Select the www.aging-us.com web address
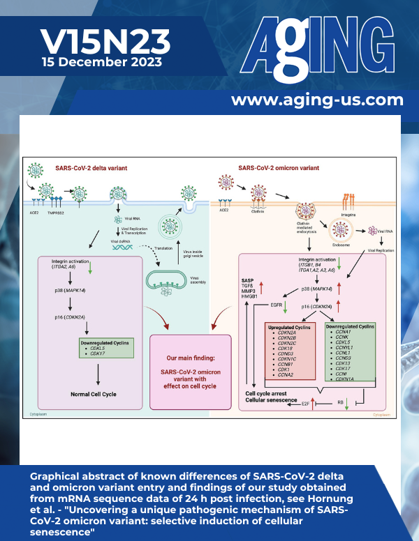pyautogui.click(x=317, y=100)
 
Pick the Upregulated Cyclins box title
pyautogui.click(x=288, y=326)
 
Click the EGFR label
pyautogui.click(x=273, y=304)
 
